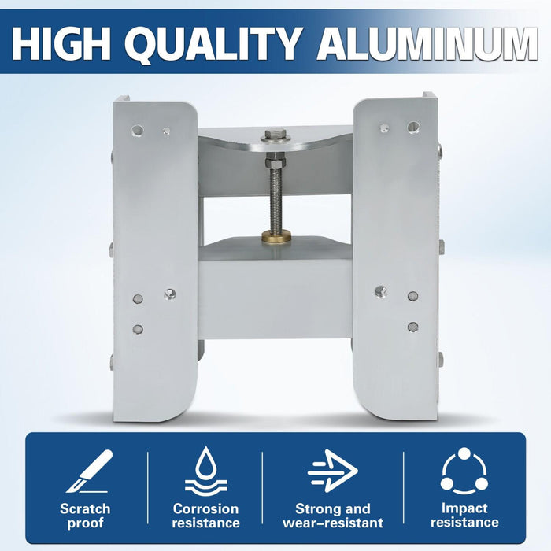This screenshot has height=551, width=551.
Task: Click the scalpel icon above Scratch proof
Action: (89, 471)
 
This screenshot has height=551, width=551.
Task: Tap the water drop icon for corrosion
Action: (205, 471)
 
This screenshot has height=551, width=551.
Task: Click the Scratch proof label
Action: (86, 516)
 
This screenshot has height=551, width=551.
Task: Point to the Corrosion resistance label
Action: (205, 516)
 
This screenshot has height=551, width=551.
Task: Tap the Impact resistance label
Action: (464, 516)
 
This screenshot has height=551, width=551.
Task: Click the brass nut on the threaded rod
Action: (276, 237)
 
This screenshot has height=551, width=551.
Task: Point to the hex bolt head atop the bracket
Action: (276, 135)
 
